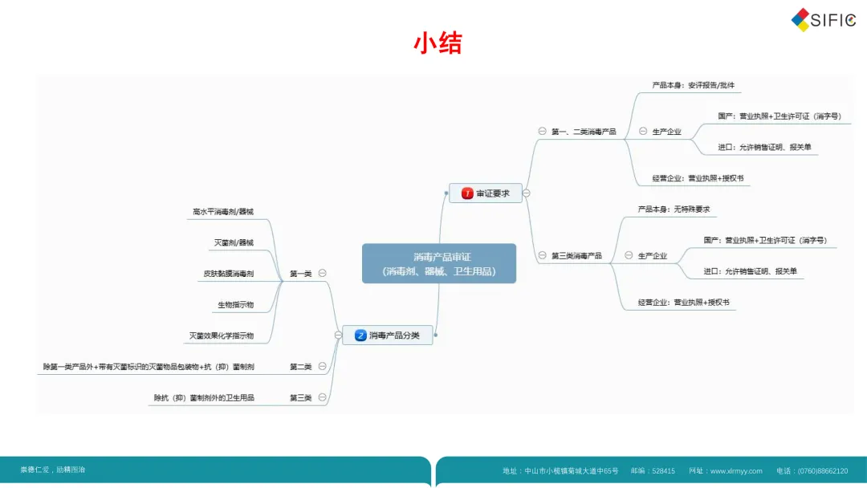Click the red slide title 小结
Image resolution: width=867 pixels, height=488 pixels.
438,43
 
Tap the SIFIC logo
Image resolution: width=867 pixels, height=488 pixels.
823,20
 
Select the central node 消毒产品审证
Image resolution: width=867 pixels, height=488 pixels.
438,263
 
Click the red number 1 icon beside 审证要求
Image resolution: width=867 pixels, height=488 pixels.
467,193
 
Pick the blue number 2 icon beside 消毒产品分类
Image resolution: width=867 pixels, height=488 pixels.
361,335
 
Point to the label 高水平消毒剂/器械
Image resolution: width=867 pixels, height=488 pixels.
222,212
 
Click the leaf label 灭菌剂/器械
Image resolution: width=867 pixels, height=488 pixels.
233,242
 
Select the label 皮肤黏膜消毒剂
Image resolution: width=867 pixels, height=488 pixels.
228,274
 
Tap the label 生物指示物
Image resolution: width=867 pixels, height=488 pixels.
235,305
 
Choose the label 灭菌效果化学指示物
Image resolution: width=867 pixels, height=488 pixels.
221,335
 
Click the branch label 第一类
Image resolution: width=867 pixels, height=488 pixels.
300,274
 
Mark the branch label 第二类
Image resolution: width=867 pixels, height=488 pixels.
300,367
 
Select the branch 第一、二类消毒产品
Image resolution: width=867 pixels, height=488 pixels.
584,132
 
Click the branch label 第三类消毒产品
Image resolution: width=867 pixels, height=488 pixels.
576,256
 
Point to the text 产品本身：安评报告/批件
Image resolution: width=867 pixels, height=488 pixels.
693,85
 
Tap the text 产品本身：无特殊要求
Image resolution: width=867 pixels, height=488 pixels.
674,209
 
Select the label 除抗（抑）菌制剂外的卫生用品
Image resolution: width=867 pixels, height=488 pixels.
204,397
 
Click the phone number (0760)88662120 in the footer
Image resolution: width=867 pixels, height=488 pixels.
823,471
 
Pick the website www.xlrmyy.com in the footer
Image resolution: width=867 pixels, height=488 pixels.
736,471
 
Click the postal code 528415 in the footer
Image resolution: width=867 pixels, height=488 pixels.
663,471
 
